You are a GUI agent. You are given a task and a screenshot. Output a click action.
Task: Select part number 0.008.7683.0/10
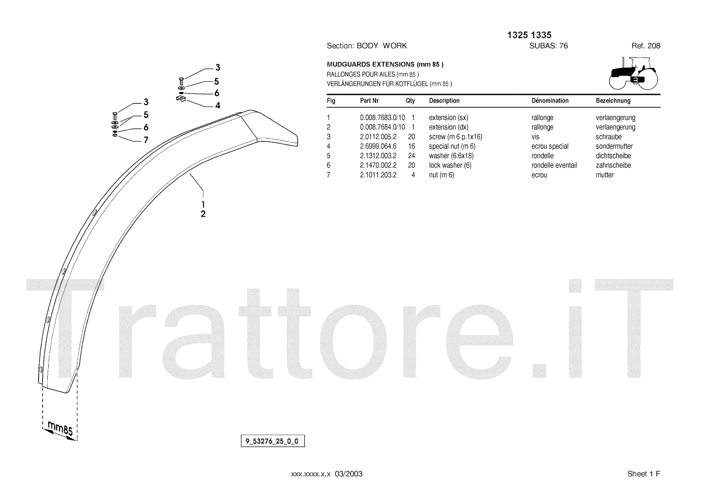pos(382,118)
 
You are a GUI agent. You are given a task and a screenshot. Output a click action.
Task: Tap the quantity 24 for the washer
pos(411,156)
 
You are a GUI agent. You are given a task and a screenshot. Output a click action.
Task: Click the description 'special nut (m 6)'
pos(452,146)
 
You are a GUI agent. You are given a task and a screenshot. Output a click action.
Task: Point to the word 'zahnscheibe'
pos(613,165)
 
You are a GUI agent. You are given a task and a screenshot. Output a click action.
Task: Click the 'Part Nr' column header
pos(369,101)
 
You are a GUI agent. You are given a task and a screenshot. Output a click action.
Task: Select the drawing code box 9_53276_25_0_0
pos(273,441)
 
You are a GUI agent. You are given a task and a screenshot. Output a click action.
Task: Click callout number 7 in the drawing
pos(146,140)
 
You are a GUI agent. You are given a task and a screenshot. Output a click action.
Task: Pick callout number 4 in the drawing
pos(217,106)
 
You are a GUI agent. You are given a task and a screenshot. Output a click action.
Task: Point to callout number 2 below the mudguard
pos(203,214)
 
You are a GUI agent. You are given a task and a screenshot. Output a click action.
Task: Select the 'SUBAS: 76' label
pos(548,46)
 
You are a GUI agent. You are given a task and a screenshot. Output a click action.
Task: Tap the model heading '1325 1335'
pos(529,35)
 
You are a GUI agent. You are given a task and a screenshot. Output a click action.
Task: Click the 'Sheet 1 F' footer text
pos(643,474)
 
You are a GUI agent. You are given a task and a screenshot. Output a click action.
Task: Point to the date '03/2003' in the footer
pos(348,474)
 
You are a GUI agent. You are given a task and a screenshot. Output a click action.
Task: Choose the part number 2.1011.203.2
pos(378,175)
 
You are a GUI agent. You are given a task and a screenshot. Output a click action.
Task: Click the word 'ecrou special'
pos(550,146)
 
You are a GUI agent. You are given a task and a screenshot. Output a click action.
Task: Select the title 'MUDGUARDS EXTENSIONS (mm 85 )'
pos(385,65)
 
